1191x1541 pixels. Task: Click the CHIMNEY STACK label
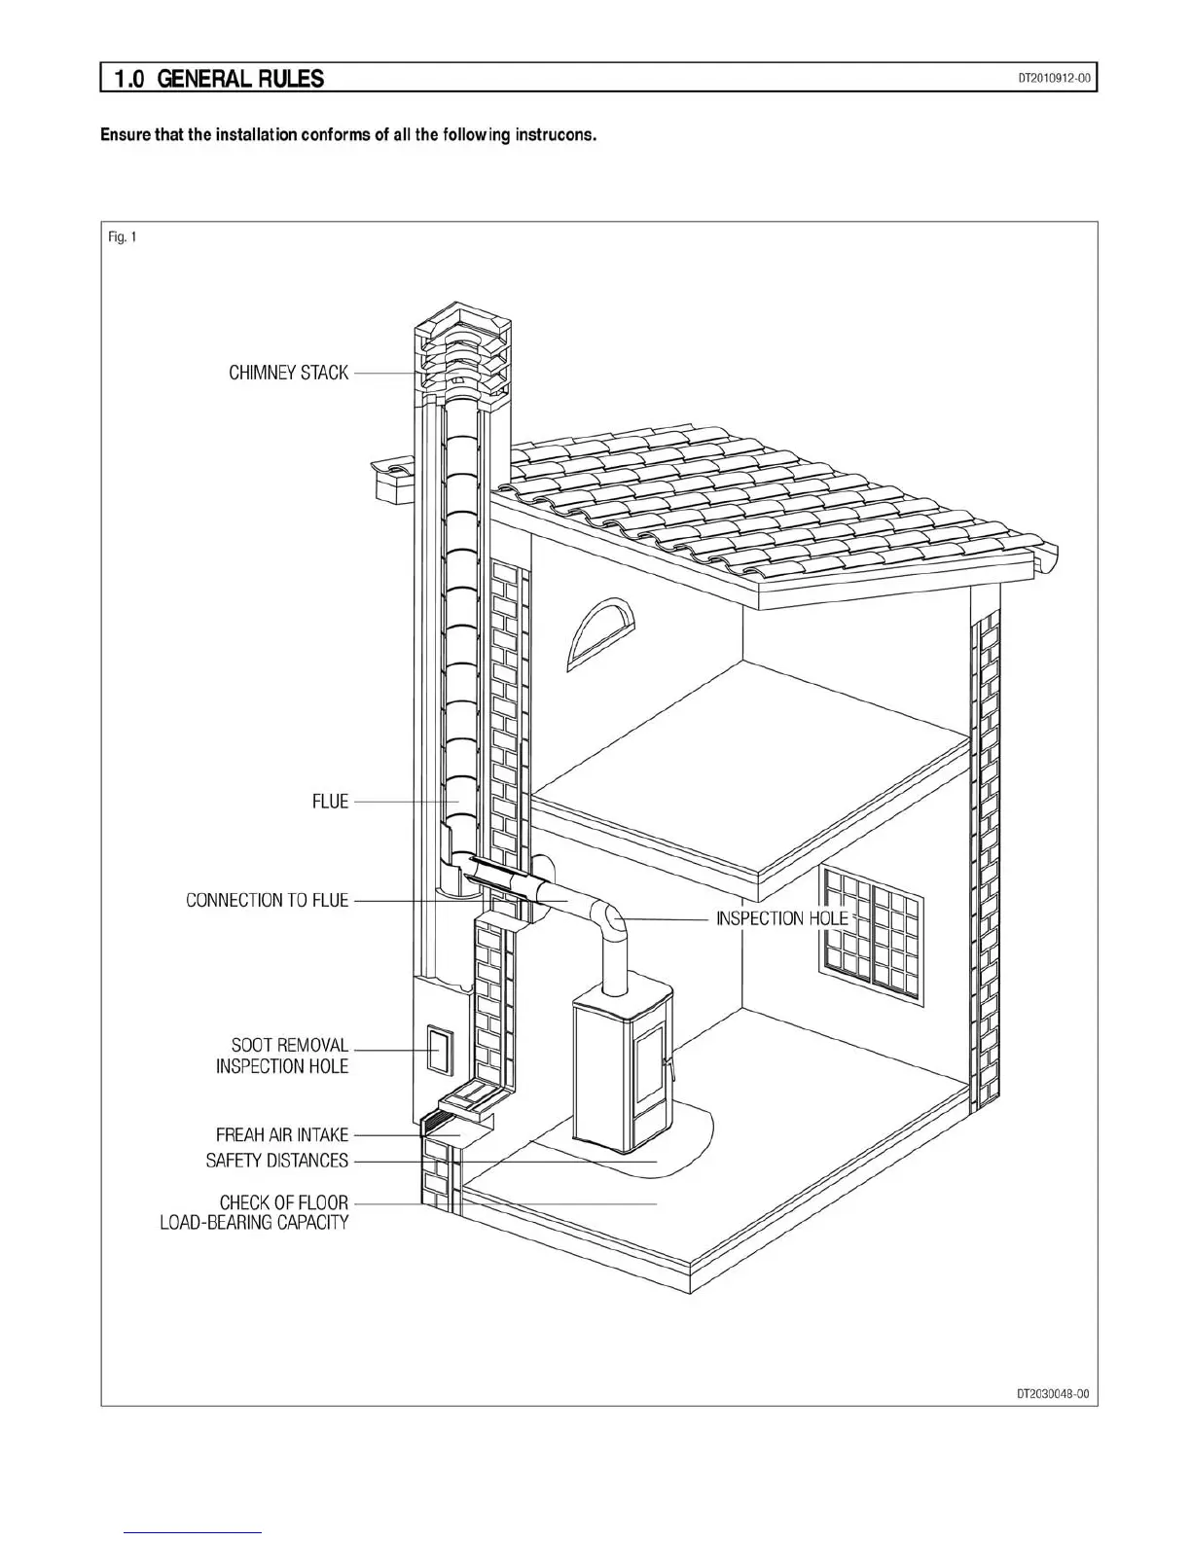click(x=288, y=373)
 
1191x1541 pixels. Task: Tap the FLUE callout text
click(x=330, y=802)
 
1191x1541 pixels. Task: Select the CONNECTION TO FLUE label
click(x=267, y=900)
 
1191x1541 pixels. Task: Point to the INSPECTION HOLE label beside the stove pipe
click(x=781, y=918)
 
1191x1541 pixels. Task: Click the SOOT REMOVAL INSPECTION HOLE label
click(x=282, y=1056)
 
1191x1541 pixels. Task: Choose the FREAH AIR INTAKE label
click(x=281, y=1134)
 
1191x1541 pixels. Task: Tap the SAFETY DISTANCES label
click(x=276, y=1161)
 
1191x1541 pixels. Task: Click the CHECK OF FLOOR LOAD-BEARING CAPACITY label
click(x=255, y=1212)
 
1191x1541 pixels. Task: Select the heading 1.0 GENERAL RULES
click(x=219, y=79)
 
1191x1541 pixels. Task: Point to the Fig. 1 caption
click(x=122, y=237)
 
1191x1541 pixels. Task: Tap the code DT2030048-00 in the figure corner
click(x=1052, y=1393)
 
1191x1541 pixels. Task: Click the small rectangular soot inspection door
click(x=439, y=1051)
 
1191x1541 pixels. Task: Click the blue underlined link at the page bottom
click(x=194, y=1532)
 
